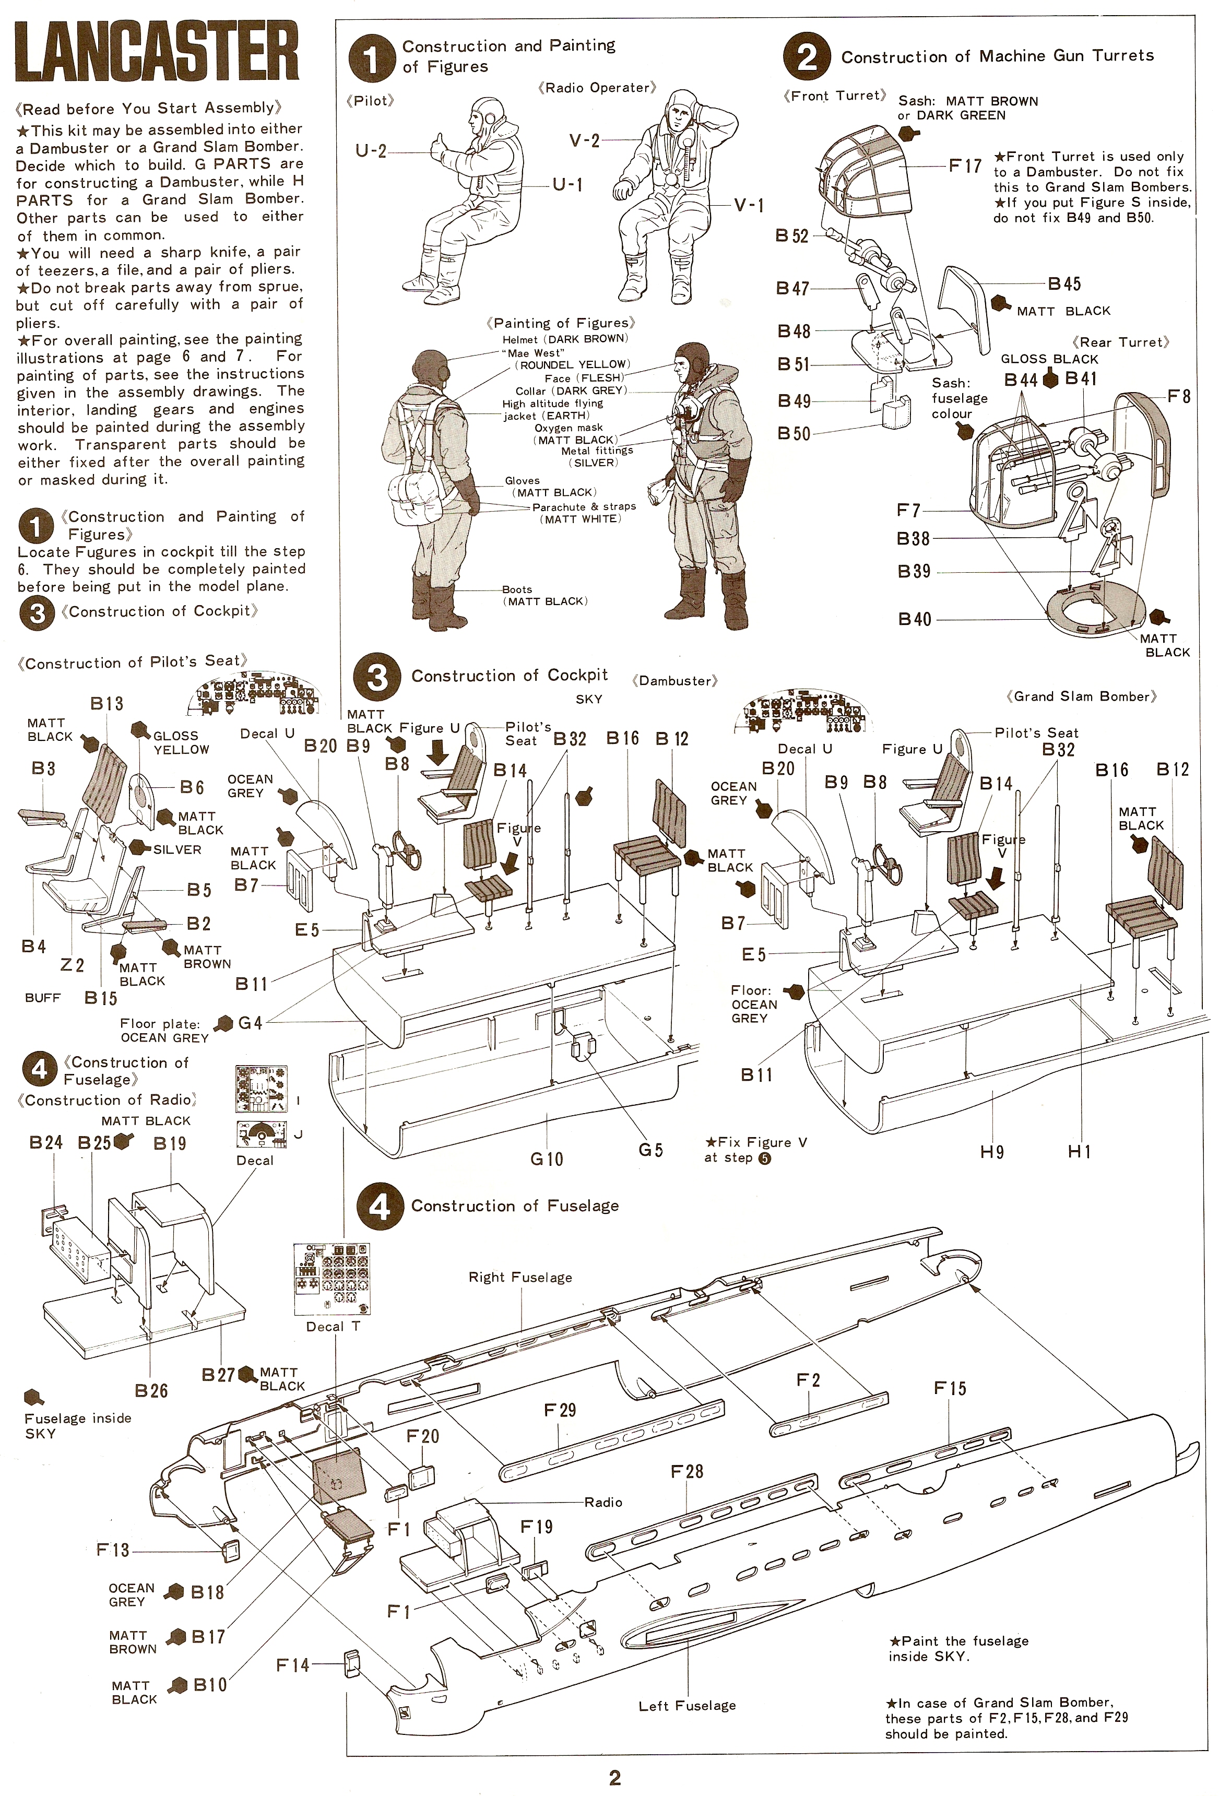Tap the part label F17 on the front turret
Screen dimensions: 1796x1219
coord(965,166)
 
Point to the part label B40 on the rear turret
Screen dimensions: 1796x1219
coord(915,619)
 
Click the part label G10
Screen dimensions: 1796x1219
coord(547,1159)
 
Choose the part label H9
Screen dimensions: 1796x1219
coord(992,1152)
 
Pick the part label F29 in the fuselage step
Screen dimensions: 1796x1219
coord(560,1410)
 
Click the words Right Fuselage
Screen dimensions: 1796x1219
coord(520,1278)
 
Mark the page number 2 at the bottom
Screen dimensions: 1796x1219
coord(614,1777)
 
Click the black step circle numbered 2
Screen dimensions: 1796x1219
coord(807,56)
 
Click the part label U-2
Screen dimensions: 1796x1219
coord(370,151)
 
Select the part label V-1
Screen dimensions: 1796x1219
coord(748,205)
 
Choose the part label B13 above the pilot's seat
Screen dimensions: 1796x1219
coord(106,703)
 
